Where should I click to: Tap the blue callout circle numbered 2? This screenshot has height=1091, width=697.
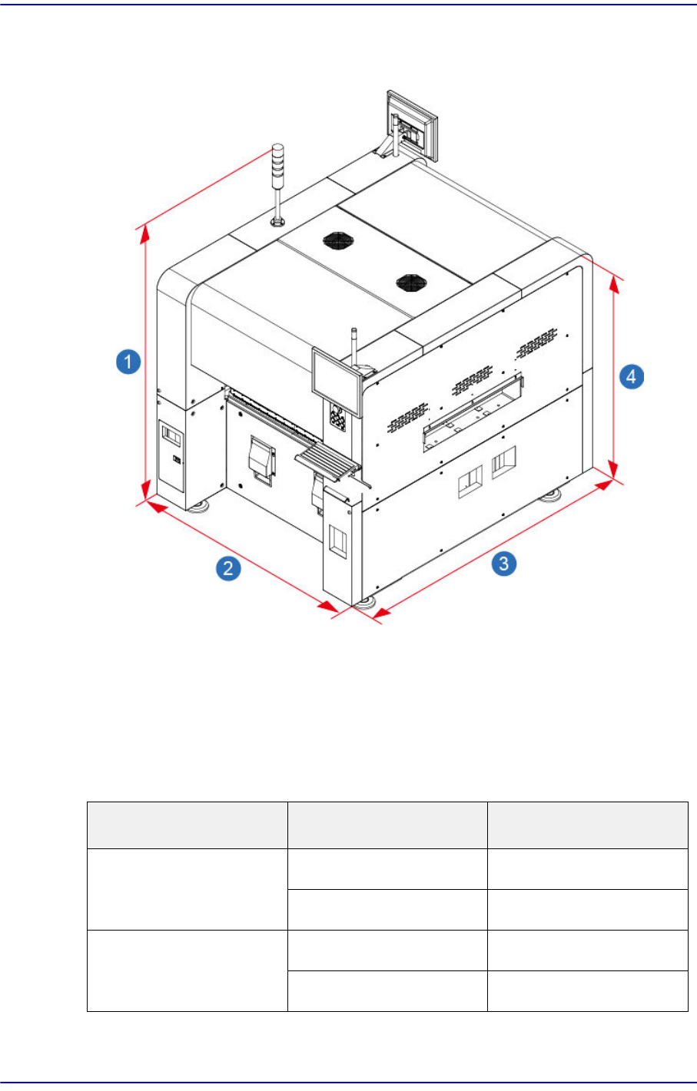pyautogui.click(x=228, y=569)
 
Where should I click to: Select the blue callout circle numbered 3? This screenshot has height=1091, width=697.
pyautogui.click(x=503, y=564)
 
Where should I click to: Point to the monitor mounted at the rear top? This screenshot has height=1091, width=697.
pyautogui.click(x=412, y=126)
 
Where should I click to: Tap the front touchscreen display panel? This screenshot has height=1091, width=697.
pyautogui.click(x=337, y=381)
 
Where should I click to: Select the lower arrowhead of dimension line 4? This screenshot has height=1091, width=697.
pyautogui.click(x=613, y=469)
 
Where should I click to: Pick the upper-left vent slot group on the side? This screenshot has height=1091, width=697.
pyautogui.click(x=407, y=417)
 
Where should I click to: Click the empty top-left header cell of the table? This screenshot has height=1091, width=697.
pyautogui.click(x=187, y=825)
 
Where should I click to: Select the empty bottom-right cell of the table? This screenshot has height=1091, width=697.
pyautogui.click(x=587, y=990)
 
